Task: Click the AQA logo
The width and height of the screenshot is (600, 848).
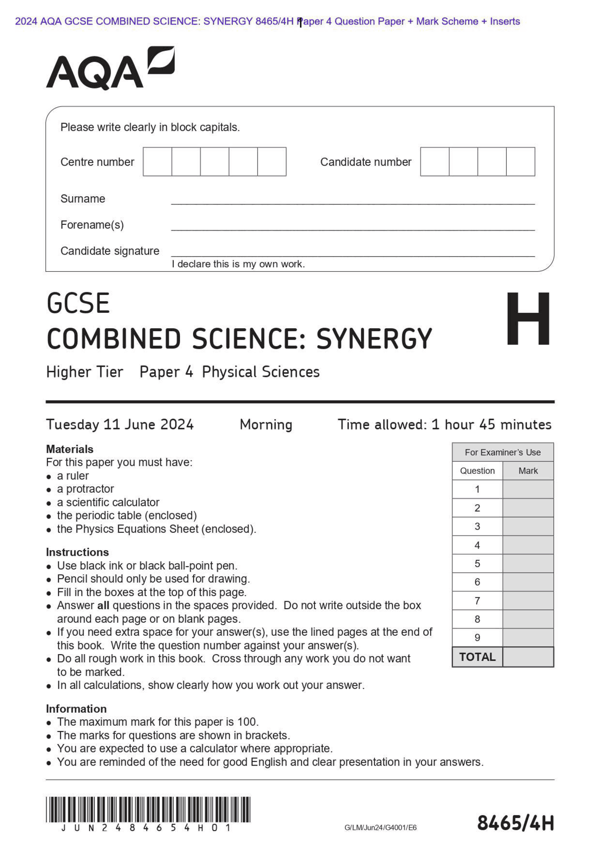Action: (x=110, y=68)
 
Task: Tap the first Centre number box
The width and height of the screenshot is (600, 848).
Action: (x=157, y=162)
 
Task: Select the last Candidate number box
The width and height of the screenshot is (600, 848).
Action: (x=520, y=162)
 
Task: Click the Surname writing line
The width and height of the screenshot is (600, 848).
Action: (x=352, y=199)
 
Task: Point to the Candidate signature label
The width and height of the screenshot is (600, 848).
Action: (x=110, y=251)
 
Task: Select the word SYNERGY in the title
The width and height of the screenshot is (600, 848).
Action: (x=374, y=339)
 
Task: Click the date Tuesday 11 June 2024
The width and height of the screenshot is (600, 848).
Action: (x=120, y=425)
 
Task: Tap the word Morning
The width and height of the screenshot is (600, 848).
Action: (x=266, y=425)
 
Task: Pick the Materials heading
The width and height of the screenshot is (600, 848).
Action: (x=69, y=449)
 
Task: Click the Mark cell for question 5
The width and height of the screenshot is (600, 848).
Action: (x=528, y=563)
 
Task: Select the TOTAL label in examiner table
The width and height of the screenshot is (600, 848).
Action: (x=477, y=657)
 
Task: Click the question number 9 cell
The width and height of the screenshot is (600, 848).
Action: (x=477, y=637)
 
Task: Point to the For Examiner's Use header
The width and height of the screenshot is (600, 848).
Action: (x=502, y=452)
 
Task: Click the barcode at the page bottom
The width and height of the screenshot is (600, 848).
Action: (x=148, y=810)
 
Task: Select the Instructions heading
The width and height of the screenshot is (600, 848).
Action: (x=77, y=552)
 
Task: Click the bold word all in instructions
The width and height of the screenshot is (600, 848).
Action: (x=103, y=605)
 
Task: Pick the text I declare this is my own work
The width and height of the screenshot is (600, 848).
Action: (x=238, y=264)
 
